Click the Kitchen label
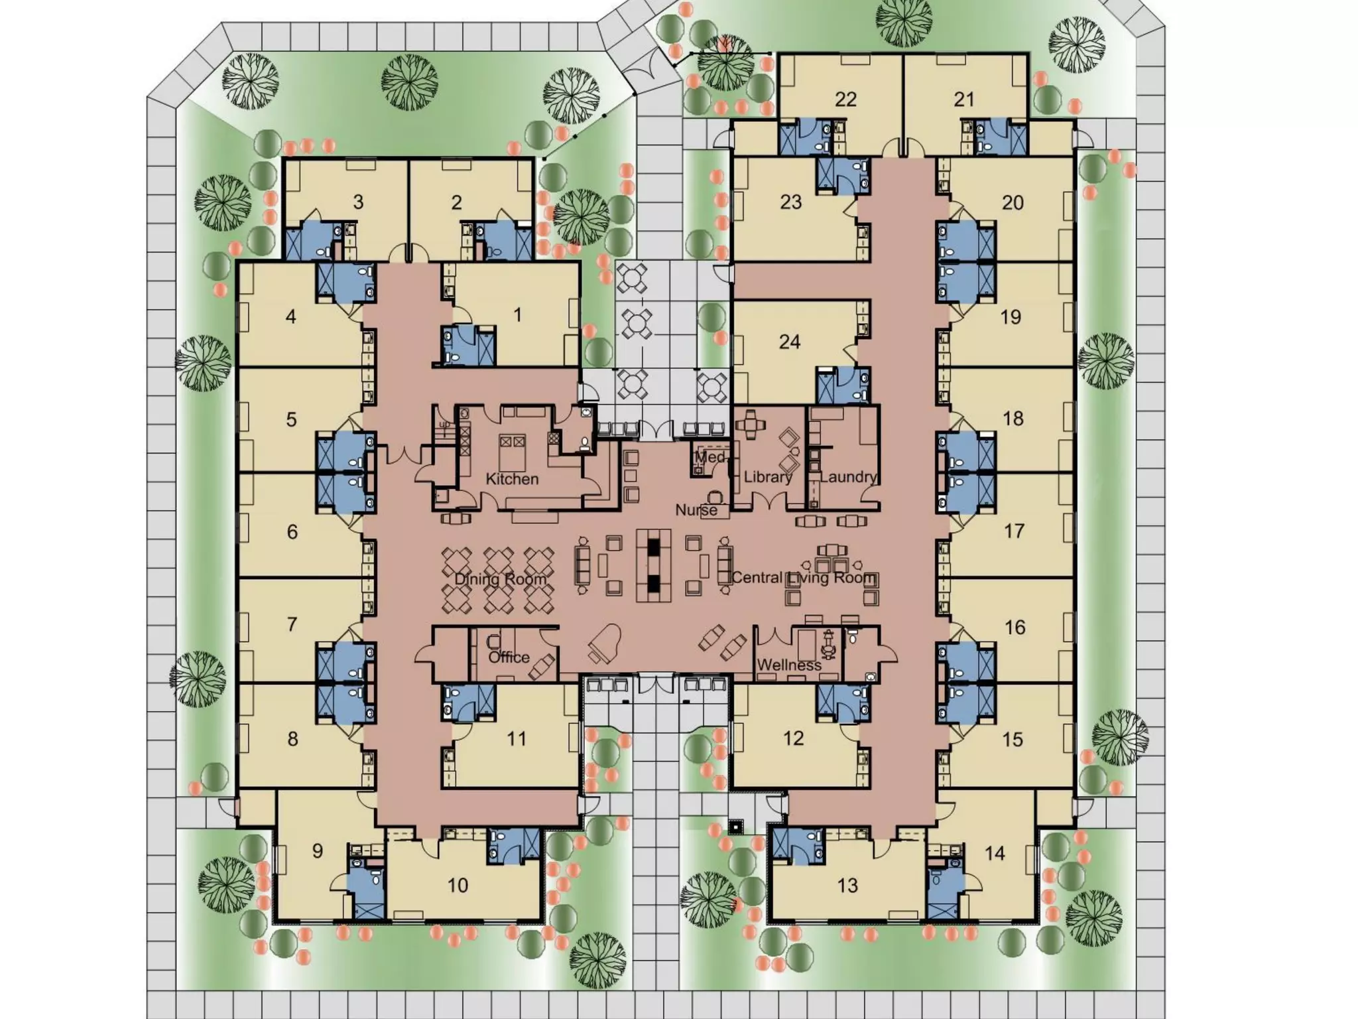pyautogui.click(x=512, y=479)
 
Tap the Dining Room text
pyautogui.click(x=501, y=579)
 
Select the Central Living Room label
pyautogui.click(x=804, y=578)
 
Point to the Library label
pyautogui.click(x=768, y=477)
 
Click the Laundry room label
pyautogui.click(x=848, y=477)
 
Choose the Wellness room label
pyautogui.click(x=789, y=665)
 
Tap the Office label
pyautogui.click(x=509, y=657)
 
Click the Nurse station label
pyautogui.click(x=696, y=510)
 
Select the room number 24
pyautogui.click(x=790, y=342)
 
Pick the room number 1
pyautogui.click(x=518, y=314)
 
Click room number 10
pyautogui.click(x=458, y=885)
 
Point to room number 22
pyautogui.click(x=845, y=100)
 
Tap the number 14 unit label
pyautogui.click(x=995, y=853)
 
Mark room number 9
pyautogui.click(x=318, y=850)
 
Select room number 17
pyautogui.click(x=1014, y=531)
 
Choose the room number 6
pyautogui.click(x=292, y=531)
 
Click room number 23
pyautogui.click(x=790, y=202)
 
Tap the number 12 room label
pyautogui.click(x=793, y=738)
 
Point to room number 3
pyautogui.click(x=358, y=202)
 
